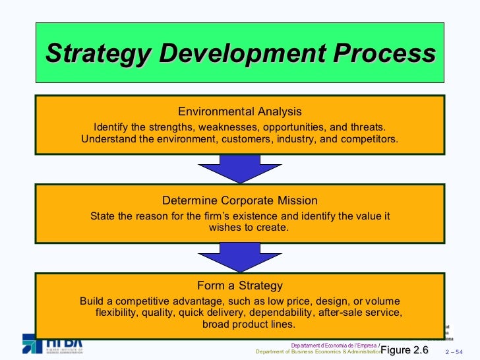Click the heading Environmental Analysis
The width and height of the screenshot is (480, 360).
point(240,111)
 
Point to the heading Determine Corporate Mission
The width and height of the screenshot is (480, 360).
point(240,200)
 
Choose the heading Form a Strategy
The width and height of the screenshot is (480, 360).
point(240,285)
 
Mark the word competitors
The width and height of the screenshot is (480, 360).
point(371,139)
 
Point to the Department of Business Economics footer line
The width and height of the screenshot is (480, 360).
point(317,351)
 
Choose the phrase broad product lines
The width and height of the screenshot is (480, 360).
point(249,324)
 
